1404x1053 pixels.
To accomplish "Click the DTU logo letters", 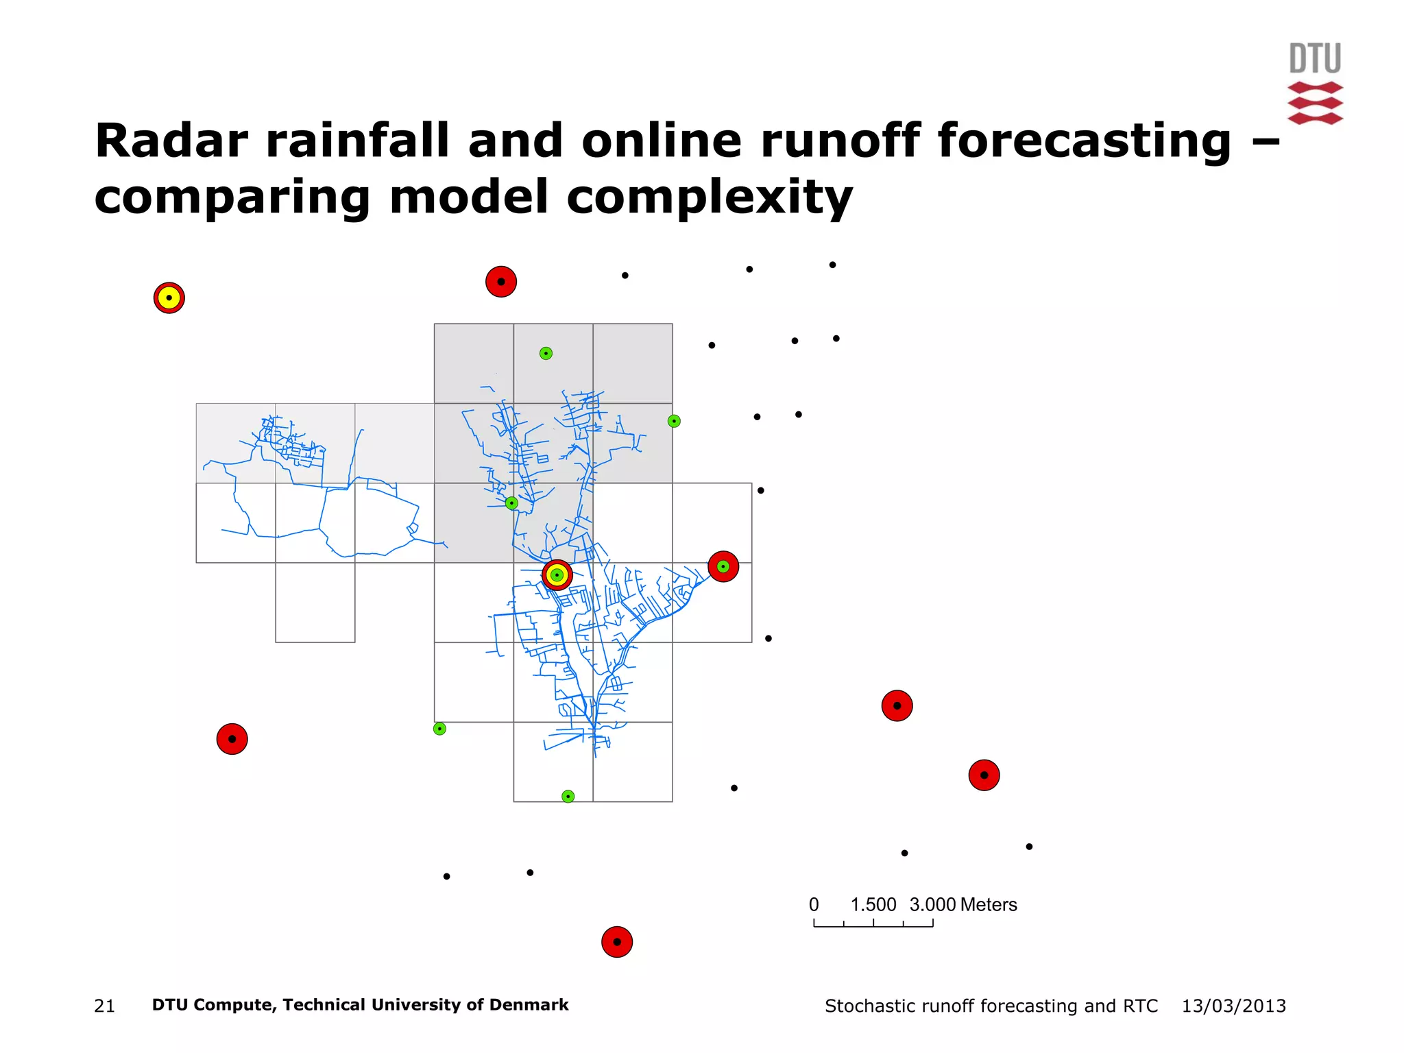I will coord(1315,58).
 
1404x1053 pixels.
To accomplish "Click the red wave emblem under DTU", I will coord(1315,103).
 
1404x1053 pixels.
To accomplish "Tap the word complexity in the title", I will coord(710,197).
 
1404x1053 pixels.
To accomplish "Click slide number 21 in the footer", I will coord(104,1006).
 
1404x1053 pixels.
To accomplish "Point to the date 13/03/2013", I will coord(1233,1006).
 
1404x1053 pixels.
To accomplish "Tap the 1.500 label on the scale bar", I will coord(873,905).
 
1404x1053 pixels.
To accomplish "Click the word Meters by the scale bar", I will coord(988,905).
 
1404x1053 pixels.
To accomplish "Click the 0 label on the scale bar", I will coord(814,905).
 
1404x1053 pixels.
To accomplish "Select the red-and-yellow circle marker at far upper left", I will coord(169,298).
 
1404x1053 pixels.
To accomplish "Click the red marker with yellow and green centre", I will coord(557,575).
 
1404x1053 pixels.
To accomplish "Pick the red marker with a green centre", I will coord(723,567).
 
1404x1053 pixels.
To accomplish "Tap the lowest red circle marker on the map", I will coord(617,942).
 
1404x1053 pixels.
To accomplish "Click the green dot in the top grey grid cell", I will coord(546,354).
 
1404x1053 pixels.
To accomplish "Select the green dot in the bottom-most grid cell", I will coord(568,797).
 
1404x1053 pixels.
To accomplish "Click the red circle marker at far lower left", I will coord(232,739).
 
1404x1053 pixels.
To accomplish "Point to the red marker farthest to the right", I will coord(984,775).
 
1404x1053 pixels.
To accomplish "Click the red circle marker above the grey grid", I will coord(501,282).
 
